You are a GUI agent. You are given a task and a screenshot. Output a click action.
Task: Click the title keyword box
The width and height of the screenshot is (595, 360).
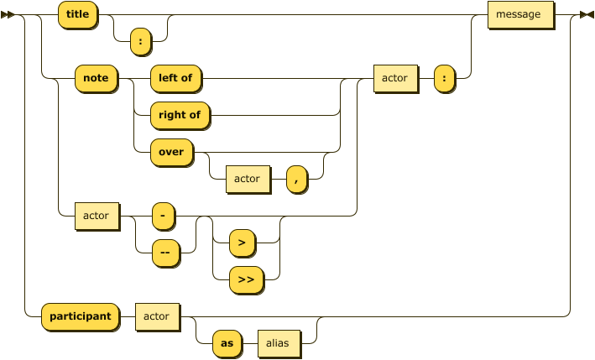coord(77,15)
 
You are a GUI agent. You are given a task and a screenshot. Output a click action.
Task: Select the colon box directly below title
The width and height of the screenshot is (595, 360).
coord(140,40)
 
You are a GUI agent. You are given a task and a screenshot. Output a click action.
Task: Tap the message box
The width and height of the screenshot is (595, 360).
coord(520,15)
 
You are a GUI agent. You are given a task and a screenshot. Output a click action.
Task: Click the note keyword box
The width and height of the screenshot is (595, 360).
coord(96,78)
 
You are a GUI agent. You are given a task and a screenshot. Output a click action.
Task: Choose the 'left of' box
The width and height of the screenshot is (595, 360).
coord(175,78)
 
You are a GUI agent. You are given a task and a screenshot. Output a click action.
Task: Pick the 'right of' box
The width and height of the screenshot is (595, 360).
coord(180,115)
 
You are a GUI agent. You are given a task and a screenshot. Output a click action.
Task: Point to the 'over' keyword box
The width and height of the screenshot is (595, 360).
coord(170,152)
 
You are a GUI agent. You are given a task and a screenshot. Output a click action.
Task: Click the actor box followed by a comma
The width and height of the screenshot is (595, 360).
coord(247,179)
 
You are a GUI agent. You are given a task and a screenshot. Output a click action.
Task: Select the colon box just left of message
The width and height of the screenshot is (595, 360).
coord(444,78)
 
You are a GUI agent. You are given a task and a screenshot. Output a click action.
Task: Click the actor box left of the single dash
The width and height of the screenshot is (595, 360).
coord(96,216)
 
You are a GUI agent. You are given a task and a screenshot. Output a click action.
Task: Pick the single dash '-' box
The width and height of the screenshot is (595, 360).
coord(163,216)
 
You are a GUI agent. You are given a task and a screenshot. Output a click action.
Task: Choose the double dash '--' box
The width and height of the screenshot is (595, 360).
coord(164,253)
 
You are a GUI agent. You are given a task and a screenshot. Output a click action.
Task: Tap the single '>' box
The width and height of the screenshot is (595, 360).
coord(242,243)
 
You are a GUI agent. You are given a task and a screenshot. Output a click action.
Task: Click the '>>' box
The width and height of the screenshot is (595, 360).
coord(246,279)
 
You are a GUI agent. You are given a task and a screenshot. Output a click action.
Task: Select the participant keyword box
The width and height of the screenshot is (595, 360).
coord(80,316)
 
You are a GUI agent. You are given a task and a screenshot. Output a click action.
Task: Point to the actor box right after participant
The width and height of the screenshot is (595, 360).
coord(156,316)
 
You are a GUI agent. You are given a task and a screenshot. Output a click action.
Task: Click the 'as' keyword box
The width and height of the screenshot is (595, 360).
coord(226,343)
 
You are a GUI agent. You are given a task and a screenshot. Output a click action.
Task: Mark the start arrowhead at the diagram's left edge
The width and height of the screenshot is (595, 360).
coord(8,15)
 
